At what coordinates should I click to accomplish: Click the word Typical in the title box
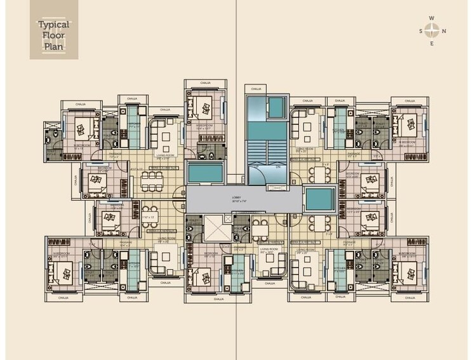(x=53, y=25)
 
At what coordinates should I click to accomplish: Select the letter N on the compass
(x=444, y=30)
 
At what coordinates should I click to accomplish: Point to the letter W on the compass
(x=432, y=18)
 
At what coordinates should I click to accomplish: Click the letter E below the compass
(x=432, y=43)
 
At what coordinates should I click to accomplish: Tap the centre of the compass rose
(x=432, y=30)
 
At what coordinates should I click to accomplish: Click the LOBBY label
(x=236, y=198)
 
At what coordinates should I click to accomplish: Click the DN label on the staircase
(x=269, y=167)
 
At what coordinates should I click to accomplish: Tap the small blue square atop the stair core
(x=277, y=107)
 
